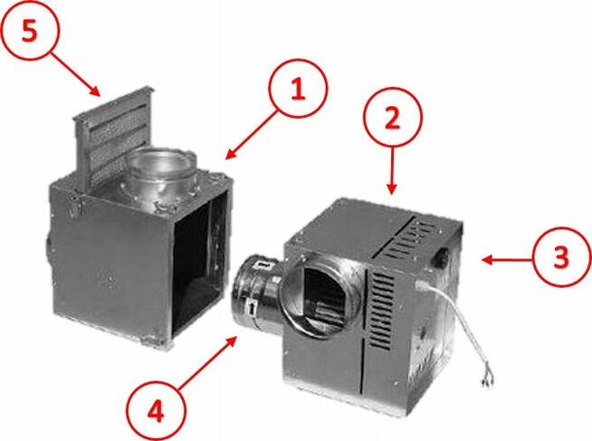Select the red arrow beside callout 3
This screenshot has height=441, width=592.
[x=503, y=260]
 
